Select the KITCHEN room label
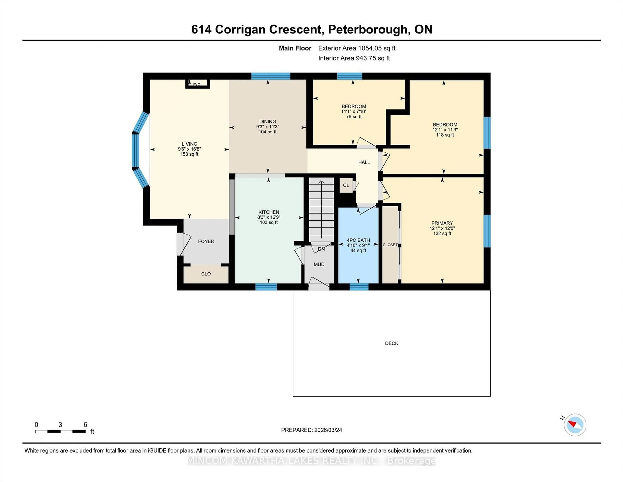tap(269, 212)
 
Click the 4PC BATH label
tap(358, 240)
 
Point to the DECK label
tap(391, 343)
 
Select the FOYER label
tap(206, 241)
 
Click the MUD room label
tap(319, 264)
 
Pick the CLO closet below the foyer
tap(206, 274)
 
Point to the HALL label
tap(364, 162)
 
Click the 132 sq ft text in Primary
tap(442, 233)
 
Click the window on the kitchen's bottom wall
tap(266, 287)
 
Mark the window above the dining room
tap(270, 76)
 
